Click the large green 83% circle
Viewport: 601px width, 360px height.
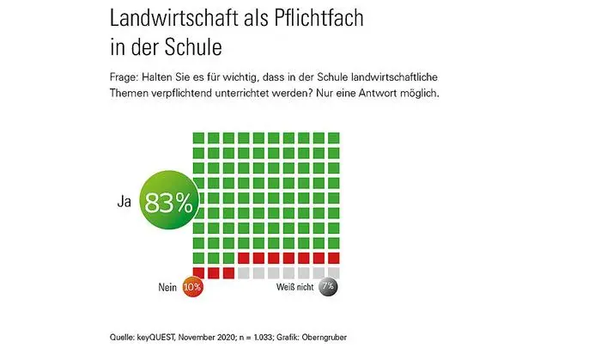tap(169, 202)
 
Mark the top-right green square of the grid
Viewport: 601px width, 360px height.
tap(334, 137)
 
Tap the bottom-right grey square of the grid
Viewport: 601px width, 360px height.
tap(334, 273)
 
